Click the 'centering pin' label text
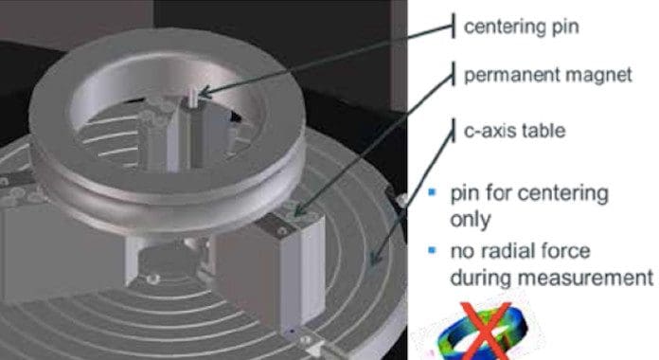click(521, 27)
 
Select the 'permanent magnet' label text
click(547, 75)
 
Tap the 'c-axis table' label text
click(514, 131)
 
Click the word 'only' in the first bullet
click(471, 219)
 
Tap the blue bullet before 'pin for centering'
click(432, 192)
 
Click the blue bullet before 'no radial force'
click(432, 250)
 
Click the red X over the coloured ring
click(486, 333)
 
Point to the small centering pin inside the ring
click(193, 98)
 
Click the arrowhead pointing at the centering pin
click(204, 92)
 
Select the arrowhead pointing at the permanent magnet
click(299, 210)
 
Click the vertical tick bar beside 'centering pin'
click(453, 26)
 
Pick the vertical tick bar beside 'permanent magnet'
click(453, 74)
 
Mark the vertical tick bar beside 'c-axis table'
click(453, 131)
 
